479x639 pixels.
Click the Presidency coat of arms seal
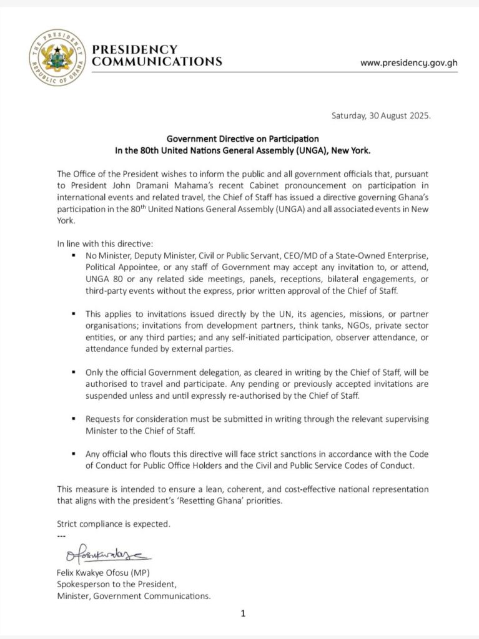[56, 57]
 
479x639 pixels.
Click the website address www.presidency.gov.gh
[409, 63]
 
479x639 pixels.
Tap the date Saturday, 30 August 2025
[380, 116]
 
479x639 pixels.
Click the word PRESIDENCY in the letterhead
[134, 49]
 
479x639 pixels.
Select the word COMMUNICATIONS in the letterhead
[157, 62]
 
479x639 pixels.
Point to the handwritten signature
[107, 554]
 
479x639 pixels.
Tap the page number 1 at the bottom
[243, 613]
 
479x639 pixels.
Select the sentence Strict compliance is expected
[113, 523]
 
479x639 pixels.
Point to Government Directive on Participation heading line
[242, 139]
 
